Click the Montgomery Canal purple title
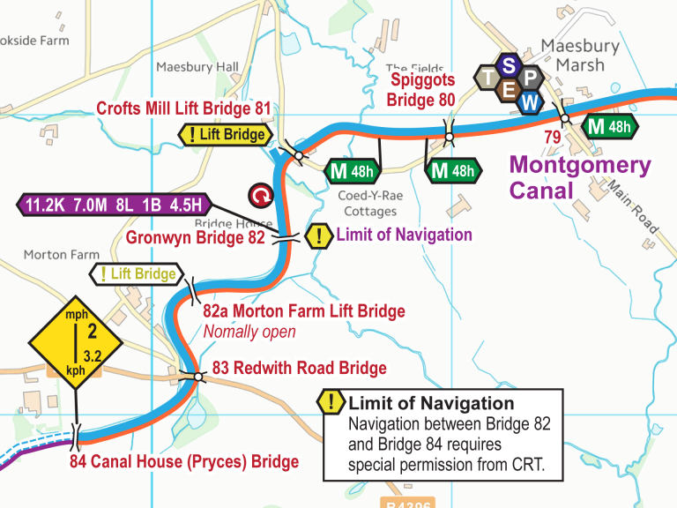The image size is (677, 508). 580,177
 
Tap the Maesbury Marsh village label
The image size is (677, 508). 579,56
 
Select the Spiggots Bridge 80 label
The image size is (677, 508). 422,90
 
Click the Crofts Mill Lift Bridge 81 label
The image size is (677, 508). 183,108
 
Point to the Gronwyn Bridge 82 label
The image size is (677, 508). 195,237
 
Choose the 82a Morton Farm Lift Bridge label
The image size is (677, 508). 303,311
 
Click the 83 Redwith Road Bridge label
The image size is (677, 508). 299,368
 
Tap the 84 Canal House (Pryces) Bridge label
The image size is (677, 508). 184,461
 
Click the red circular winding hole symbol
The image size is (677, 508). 261,194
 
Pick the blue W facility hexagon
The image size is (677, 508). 529,101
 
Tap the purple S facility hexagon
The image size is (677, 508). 509,65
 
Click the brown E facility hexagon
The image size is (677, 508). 509,89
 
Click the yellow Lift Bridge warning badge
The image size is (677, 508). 225,135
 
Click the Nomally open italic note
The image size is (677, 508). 249,332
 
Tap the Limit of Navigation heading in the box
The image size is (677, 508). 431,403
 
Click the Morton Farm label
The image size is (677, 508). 61,254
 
